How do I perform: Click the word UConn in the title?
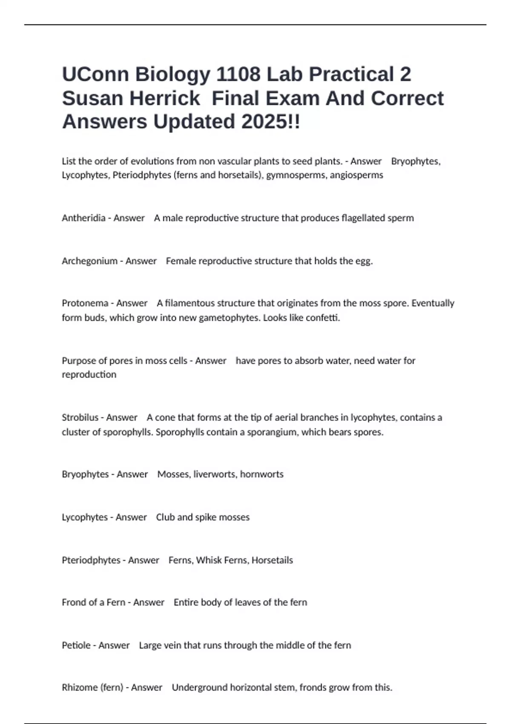point(95,74)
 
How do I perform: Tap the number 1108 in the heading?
point(238,74)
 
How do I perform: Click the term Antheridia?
point(83,218)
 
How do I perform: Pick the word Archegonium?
point(89,261)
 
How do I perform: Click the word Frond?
point(74,602)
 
